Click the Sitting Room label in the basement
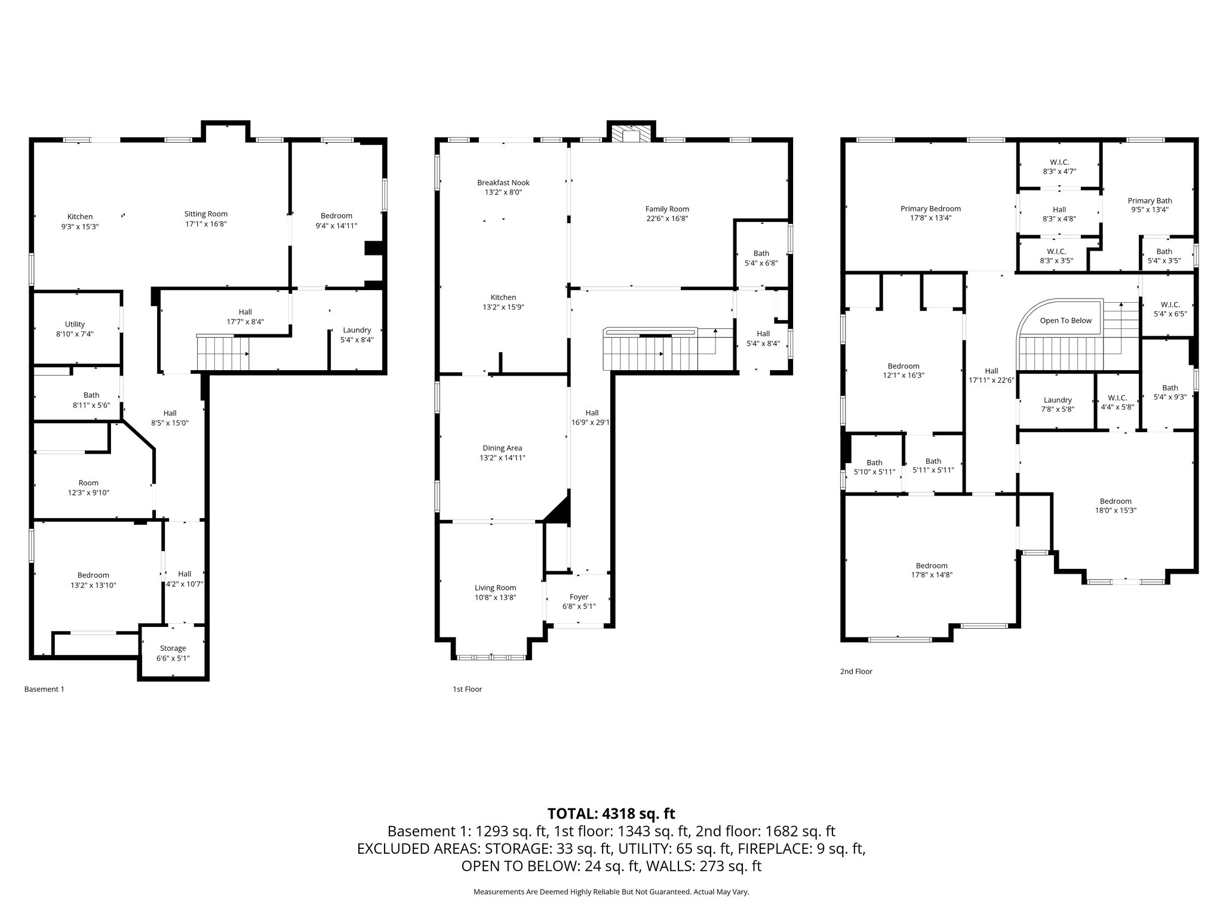pyautogui.click(x=205, y=214)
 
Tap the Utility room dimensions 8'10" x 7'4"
pyautogui.click(x=75, y=334)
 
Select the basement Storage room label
pyautogui.click(x=173, y=648)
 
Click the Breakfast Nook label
pyautogui.click(x=503, y=183)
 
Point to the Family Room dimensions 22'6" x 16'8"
pyautogui.click(x=667, y=219)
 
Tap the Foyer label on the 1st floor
pyautogui.click(x=579, y=597)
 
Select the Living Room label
pyautogui.click(x=495, y=588)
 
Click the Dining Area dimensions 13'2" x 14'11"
pyautogui.click(x=502, y=458)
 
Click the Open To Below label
pyautogui.click(x=1065, y=321)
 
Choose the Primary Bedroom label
pyautogui.click(x=930, y=209)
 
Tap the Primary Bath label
pyautogui.click(x=1150, y=201)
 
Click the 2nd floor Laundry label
pyautogui.click(x=1058, y=401)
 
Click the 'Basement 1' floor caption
pyautogui.click(x=44, y=689)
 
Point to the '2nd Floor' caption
pyautogui.click(x=856, y=671)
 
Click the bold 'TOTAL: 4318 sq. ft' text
pyautogui.click(x=611, y=813)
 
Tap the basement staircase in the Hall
pyautogui.click(x=222, y=353)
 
